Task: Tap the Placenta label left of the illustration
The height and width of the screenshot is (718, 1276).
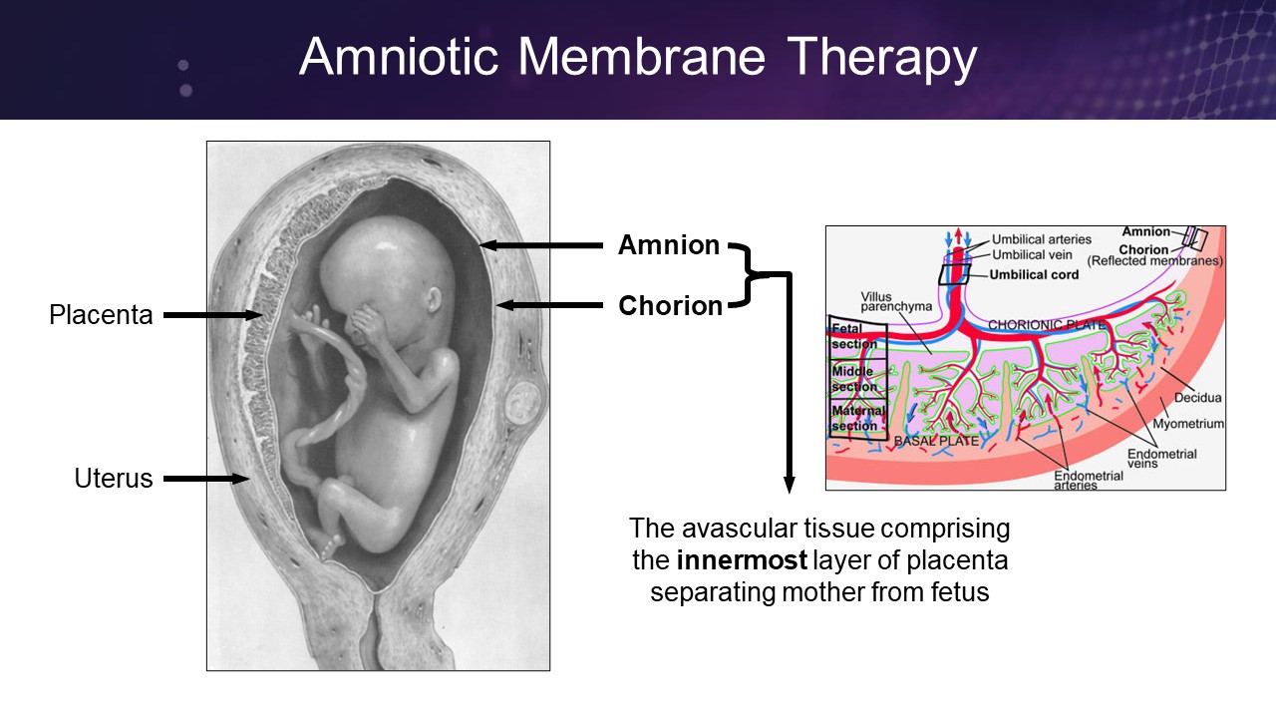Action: pos(101,314)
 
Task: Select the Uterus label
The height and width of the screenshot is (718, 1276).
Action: pos(114,478)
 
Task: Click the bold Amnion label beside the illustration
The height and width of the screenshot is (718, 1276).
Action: pos(669,245)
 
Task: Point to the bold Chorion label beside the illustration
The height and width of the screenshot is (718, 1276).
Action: pos(671,306)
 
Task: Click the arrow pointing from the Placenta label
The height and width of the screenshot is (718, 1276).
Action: pos(213,315)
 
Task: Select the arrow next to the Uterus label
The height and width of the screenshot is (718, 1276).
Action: pos(206,479)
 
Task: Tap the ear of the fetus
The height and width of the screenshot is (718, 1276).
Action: pos(434,300)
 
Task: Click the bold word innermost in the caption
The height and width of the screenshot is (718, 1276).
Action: pos(742,560)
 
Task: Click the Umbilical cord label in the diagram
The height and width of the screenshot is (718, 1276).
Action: pos(1034,274)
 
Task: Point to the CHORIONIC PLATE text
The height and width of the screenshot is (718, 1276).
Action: pos(1047,325)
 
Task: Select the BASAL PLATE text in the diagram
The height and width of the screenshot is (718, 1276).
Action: pos(936,441)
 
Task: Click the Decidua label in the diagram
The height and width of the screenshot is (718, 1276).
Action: pos(1197,398)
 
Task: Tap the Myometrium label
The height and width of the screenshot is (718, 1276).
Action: pos(1188,424)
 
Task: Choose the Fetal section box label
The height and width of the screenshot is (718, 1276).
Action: pos(854,336)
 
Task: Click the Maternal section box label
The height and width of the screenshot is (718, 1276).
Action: pos(858,418)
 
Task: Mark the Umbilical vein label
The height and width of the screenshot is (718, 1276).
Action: pos(1032,254)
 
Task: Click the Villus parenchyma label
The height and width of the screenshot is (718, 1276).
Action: pos(896,301)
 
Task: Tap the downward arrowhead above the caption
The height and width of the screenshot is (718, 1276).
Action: pos(789,485)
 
